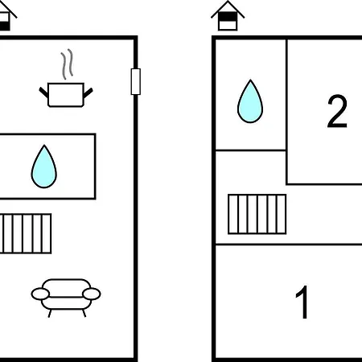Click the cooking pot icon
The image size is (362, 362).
pos(66,94)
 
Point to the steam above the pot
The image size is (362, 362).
pos(67,64)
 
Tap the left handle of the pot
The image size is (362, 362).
pos(43,93)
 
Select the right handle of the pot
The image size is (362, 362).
pos(88,93)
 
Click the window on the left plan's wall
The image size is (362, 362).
pos(136,81)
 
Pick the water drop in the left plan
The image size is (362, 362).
pos(44,167)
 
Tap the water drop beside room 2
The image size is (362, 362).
pos(250,101)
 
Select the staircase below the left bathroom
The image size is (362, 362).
pos(26,233)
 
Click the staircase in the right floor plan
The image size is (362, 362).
pos(257,214)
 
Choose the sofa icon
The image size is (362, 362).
pos(66,295)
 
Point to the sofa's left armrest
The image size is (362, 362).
pos(40,294)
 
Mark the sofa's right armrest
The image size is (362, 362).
pos(92,294)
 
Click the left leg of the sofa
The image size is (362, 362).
pos(50,313)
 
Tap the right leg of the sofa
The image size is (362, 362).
pos(84,313)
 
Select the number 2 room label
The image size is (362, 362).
pos(337,111)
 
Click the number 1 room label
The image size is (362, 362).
pos(302,302)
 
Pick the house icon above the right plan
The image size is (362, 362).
pos(228,15)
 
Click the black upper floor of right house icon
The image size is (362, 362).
pos(228,16)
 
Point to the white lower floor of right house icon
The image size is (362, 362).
pos(228,25)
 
